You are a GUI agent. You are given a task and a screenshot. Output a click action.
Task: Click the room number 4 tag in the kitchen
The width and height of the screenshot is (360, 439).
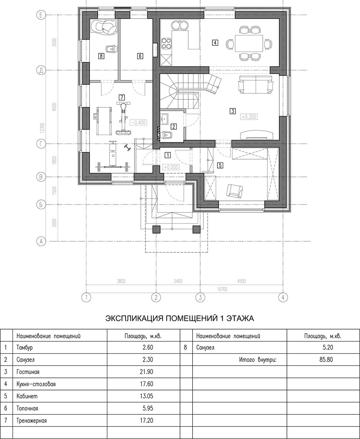click(x=215, y=43)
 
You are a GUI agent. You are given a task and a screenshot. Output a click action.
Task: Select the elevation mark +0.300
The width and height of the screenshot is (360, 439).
click(x=249, y=117)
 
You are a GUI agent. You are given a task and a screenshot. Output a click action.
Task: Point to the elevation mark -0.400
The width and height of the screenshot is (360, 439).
click(x=138, y=123)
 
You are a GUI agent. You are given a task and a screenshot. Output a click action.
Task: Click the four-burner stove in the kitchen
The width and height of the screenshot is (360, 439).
click(x=166, y=43)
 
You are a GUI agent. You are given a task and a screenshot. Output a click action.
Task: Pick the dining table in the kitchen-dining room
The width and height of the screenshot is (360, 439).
click(x=249, y=43)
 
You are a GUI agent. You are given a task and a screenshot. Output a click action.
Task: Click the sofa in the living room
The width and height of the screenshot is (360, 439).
click(x=256, y=85)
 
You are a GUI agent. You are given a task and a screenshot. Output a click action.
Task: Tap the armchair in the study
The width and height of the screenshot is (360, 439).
click(x=234, y=191)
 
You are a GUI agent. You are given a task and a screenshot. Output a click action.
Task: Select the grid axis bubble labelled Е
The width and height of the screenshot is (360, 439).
click(x=41, y=15)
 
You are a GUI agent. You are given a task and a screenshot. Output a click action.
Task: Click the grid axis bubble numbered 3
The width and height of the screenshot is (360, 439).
click(x=200, y=297)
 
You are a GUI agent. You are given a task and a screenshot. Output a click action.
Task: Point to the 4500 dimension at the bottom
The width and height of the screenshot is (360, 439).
click(x=242, y=281)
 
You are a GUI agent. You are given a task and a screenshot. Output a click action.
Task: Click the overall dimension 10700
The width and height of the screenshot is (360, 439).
click(x=222, y=289)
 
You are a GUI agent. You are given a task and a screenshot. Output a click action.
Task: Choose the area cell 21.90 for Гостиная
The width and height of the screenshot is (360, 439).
click(x=147, y=372)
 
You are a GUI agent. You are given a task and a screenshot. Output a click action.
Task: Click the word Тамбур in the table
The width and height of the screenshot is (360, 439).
click(x=24, y=348)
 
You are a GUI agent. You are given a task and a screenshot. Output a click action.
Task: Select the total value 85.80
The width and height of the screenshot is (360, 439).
click(x=326, y=359)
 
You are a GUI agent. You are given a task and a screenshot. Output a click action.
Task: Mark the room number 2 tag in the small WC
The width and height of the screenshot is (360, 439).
click(x=174, y=126)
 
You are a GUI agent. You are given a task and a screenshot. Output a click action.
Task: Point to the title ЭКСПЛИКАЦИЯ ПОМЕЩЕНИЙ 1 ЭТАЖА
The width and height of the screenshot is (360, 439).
click(x=180, y=318)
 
